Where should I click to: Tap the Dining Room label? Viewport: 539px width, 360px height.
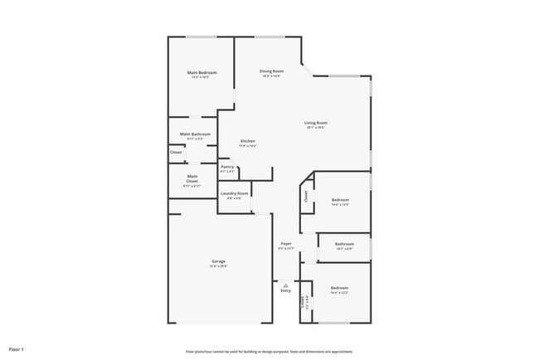click(271, 71)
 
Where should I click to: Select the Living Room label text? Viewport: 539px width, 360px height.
click(315, 123)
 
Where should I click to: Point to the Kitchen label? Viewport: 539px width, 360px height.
click(248, 141)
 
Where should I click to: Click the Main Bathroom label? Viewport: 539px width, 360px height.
click(195, 134)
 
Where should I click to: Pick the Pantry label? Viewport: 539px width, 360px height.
click(227, 167)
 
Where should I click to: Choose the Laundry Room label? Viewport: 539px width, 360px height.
click(235, 193)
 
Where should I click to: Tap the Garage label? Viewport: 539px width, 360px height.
click(219, 261)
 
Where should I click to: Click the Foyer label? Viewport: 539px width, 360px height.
click(285, 243)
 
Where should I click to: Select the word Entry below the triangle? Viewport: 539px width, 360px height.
click(285, 291)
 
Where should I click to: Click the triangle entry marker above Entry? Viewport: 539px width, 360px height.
click(285, 284)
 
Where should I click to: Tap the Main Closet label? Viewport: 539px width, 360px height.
click(192, 176)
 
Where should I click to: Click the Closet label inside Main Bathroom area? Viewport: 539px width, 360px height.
click(176, 152)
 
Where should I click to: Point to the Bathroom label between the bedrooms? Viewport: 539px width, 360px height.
click(344, 244)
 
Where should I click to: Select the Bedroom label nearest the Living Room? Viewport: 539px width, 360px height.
click(340, 199)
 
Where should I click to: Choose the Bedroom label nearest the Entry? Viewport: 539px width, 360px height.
click(340, 288)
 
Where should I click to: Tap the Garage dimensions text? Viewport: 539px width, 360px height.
click(219, 266)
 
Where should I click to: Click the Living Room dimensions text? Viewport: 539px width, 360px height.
click(315, 128)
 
